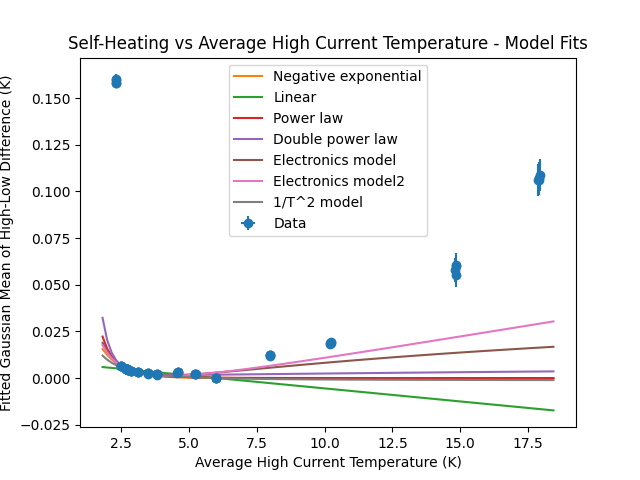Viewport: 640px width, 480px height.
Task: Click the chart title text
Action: click(x=327, y=44)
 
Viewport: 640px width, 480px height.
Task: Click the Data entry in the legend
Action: click(x=289, y=223)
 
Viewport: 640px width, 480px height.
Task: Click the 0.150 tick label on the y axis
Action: click(x=52, y=99)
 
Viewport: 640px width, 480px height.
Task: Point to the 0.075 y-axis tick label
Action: click(x=52, y=239)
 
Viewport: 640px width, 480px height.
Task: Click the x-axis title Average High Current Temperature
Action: click(x=328, y=462)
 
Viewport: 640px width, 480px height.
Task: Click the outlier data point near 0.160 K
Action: click(x=116, y=81)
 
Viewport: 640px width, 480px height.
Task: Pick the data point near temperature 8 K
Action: click(x=270, y=355)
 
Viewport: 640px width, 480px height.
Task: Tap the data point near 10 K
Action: click(x=331, y=343)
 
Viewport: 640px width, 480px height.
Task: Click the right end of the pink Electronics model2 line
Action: click(x=553, y=321)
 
